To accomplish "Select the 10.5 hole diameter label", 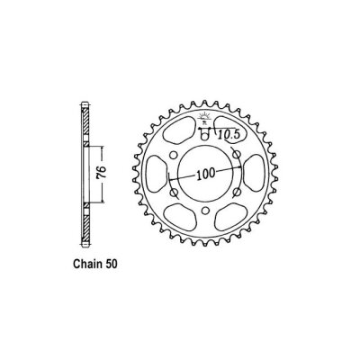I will [x=232, y=135].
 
